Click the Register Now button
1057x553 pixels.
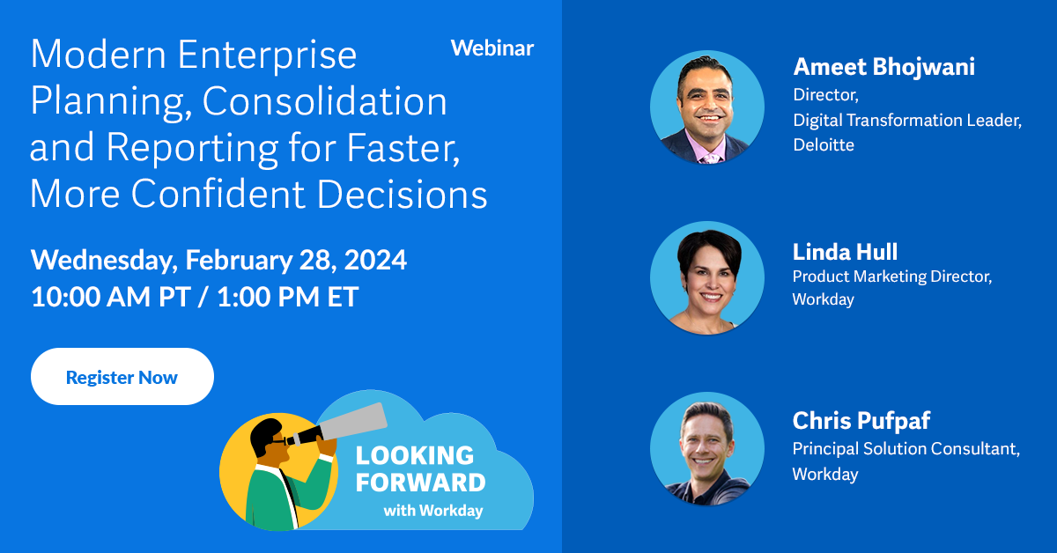coord(122,377)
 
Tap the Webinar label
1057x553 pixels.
coord(492,48)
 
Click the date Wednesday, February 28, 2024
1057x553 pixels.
coord(218,260)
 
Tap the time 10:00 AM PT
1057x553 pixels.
coord(109,297)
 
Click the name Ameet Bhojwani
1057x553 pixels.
coord(883,67)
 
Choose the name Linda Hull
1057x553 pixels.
coord(845,252)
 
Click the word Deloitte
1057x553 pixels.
coord(823,145)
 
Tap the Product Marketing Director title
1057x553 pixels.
coord(891,276)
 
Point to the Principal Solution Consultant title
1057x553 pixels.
coord(905,449)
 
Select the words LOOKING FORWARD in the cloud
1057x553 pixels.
coord(419,469)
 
